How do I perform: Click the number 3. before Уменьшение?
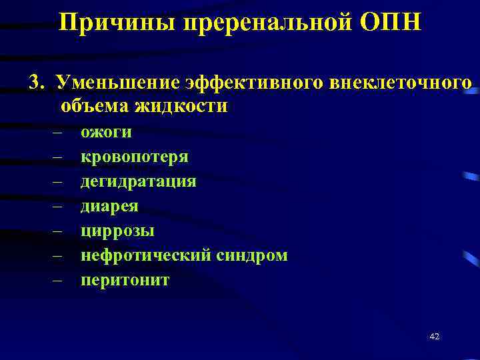pyautogui.click(x=37, y=82)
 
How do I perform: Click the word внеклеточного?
pyautogui.click(x=401, y=82)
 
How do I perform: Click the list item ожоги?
pyautogui.click(x=106, y=132)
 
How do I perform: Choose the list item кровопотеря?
pyautogui.click(x=134, y=157)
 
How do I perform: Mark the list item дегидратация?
pyautogui.click(x=138, y=181)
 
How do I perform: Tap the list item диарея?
pyautogui.click(x=109, y=206)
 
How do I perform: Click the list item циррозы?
pyautogui.click(x=117, y=231)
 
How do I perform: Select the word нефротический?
pyautogui.click(x=147, y=255)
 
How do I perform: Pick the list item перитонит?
pyautogui.click(x=125, y=280)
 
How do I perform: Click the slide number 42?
pyautogui.click(x=435, y=337)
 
